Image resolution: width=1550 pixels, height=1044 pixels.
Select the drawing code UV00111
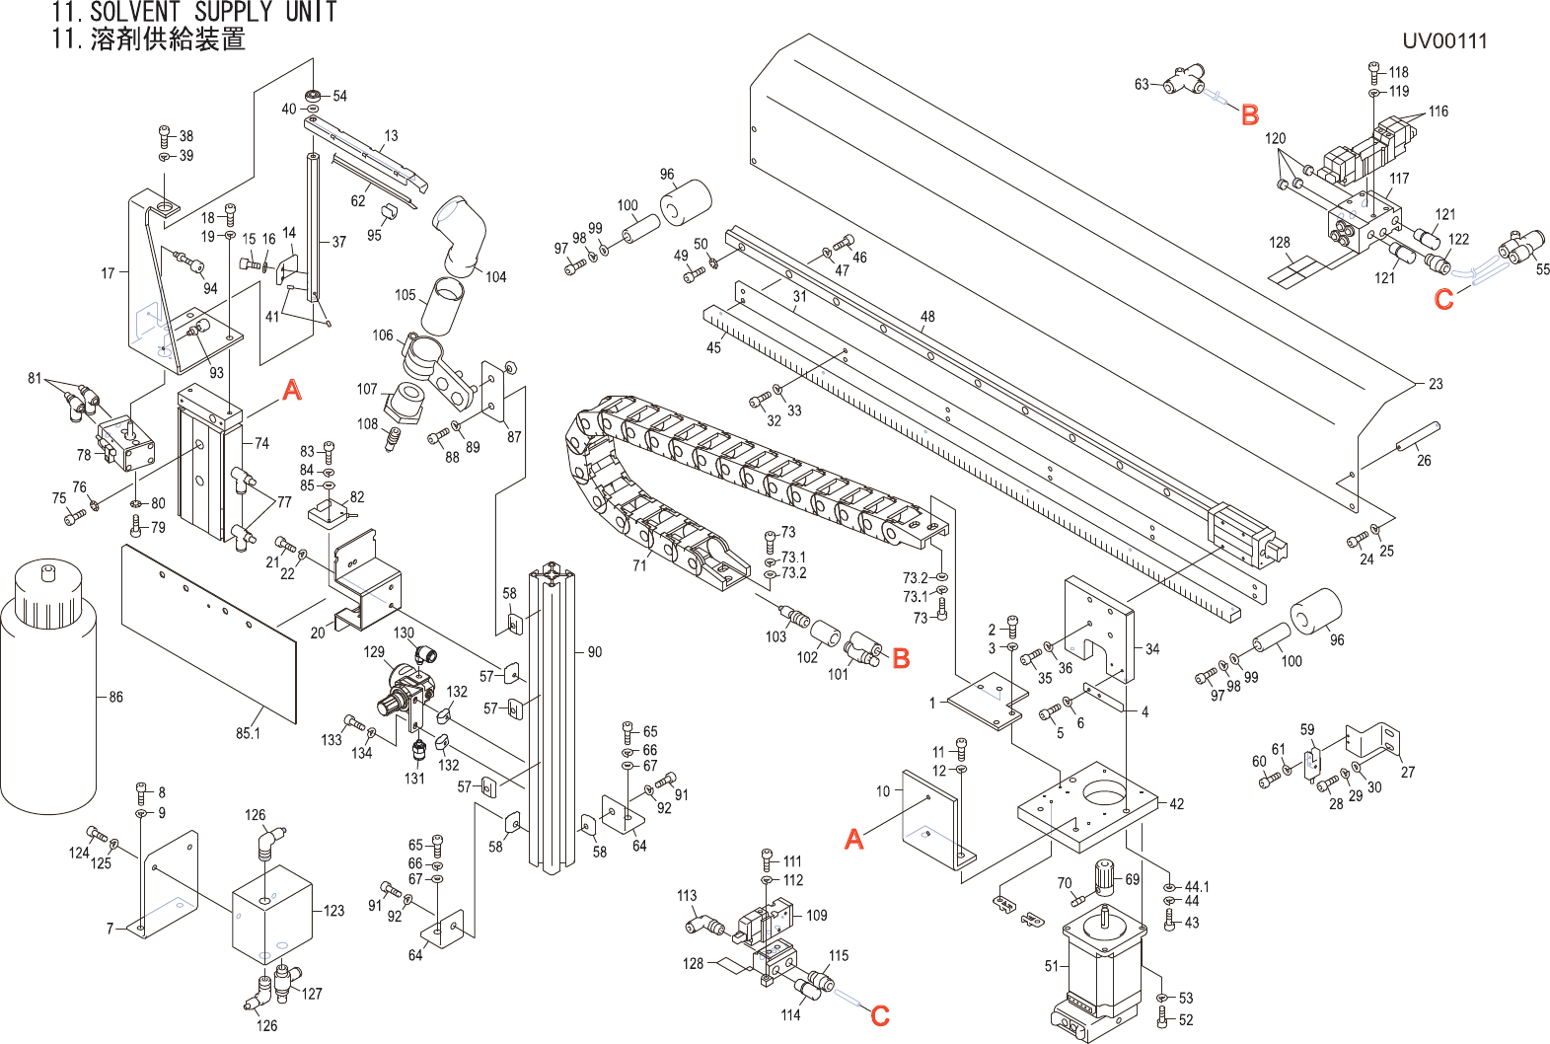[1444, 41]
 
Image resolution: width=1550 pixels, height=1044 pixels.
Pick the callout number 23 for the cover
[1436, 384]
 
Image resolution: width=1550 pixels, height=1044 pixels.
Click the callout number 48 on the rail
[927, 317]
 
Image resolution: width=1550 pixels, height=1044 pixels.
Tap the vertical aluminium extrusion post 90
[551, 720]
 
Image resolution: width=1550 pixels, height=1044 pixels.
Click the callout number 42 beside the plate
[1176, 804]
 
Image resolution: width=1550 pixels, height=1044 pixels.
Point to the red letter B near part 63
[1250, 115]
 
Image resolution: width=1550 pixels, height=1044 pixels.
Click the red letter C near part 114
[880, 1015]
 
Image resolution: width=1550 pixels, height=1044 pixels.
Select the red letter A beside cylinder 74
[292, 391]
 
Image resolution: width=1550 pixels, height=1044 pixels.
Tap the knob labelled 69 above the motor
[1104, 876]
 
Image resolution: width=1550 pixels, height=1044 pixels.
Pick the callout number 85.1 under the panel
[248, 733]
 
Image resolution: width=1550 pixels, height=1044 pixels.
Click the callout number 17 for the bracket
[108, 273]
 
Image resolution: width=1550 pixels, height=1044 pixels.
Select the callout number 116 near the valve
[1439, 112]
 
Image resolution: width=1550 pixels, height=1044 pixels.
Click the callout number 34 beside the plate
[1152, 649]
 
